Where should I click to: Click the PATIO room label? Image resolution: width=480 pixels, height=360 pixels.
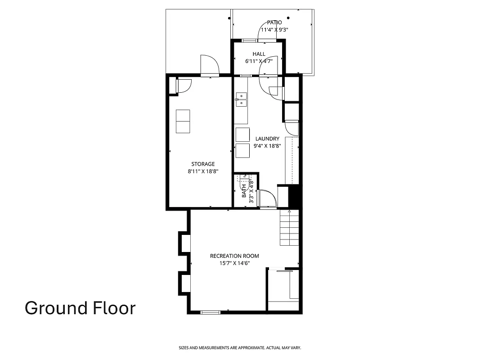coord(274,22)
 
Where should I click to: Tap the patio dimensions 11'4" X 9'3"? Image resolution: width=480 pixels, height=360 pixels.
coord(274,30)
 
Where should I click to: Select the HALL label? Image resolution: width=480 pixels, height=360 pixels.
coord(259,54)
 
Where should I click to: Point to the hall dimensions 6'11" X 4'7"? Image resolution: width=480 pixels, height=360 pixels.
coord(259,61)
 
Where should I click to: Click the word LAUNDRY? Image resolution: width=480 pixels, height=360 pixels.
coord(267,139)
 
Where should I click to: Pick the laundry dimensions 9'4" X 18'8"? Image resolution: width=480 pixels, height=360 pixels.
coord(267,146)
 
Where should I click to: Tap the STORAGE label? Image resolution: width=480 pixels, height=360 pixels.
coord(203,164)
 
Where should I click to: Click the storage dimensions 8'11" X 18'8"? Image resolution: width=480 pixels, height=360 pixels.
coord(203,171)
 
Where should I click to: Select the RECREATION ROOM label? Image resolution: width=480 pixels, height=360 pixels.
coord(234,256)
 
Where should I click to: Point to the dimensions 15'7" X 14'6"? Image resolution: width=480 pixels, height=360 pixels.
coord(234,263)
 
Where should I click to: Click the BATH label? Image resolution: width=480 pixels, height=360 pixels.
coord(244,191)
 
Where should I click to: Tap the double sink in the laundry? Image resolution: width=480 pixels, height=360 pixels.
coord(242,99)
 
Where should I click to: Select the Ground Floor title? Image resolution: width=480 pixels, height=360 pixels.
coord(80,308)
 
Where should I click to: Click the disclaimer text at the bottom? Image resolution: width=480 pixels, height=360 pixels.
coord(240,348)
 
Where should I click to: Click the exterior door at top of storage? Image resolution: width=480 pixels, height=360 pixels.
coord(209,65)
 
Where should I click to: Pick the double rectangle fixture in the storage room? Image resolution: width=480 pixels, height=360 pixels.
coord(183,121)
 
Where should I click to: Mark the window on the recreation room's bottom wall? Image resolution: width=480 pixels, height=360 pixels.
coord(210,312)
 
